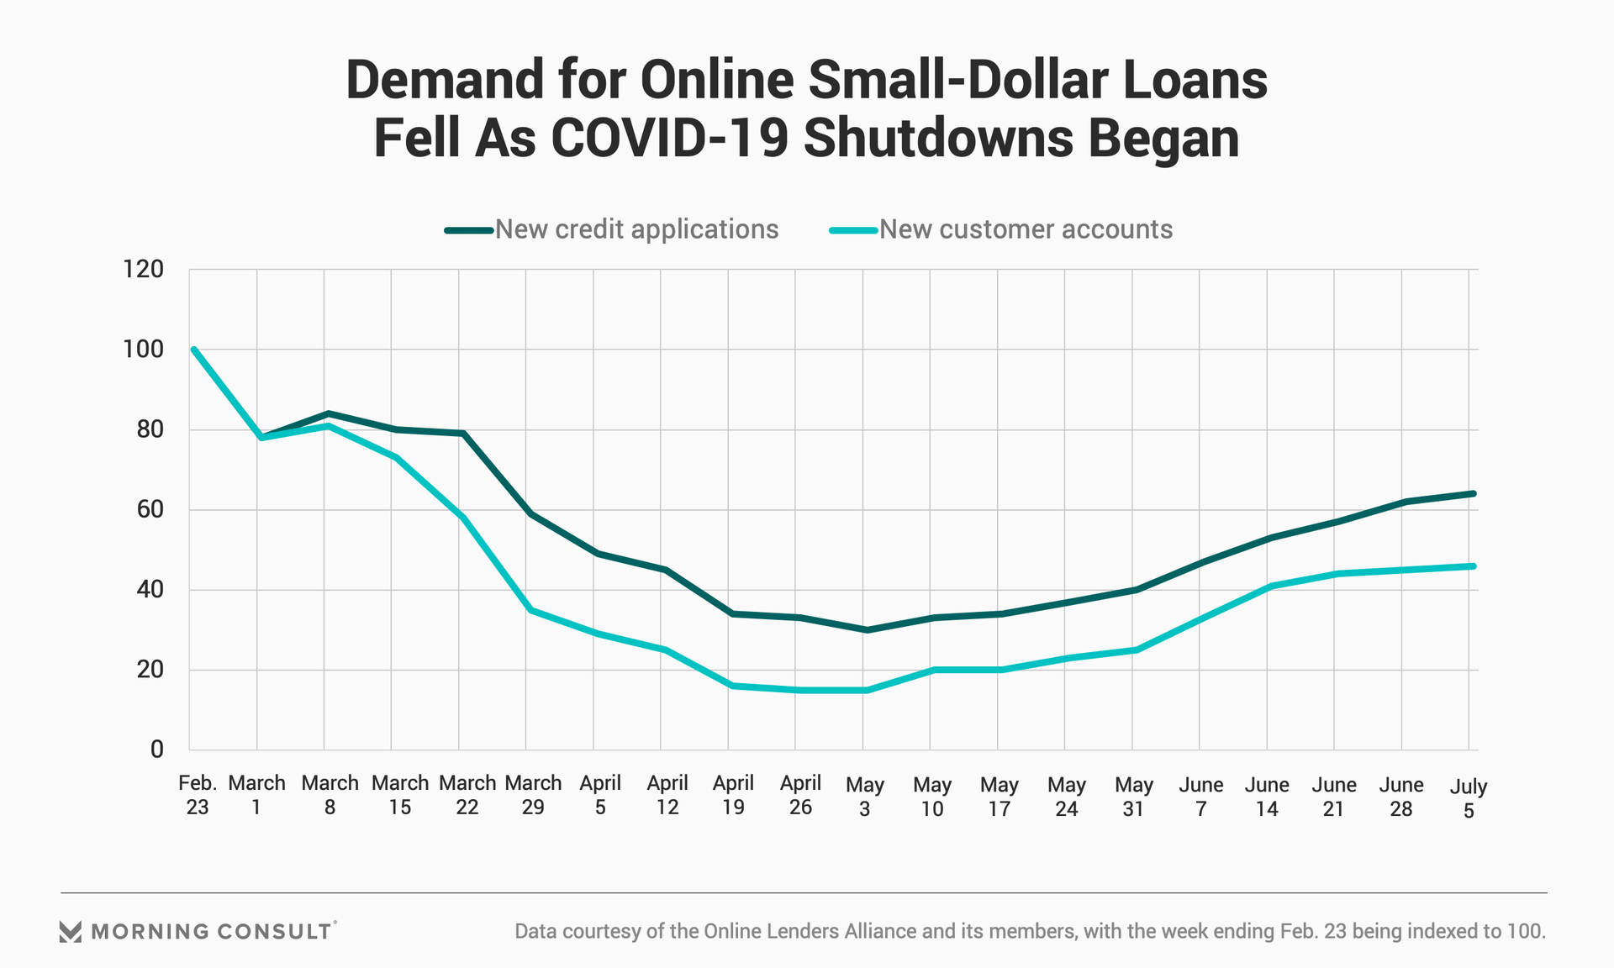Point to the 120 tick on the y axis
tap(143, 269)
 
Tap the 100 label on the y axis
tap(143, 350)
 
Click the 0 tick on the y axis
tap(156, 750)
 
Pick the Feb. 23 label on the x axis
tap(198, 795)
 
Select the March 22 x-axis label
tap(467, 795)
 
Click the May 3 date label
tap(865, 797)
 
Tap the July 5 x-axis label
tap(1469, 798)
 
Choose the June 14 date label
tap(1267, 797)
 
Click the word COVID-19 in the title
tap(669, 139)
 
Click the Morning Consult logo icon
tap(71, 931)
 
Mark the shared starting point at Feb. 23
tap(194, 350)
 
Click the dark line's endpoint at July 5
tap(1473, 494)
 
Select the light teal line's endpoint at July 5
tap(1473, 566)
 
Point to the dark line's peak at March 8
tap(328, 413)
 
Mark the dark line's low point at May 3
tap(866, 629)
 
